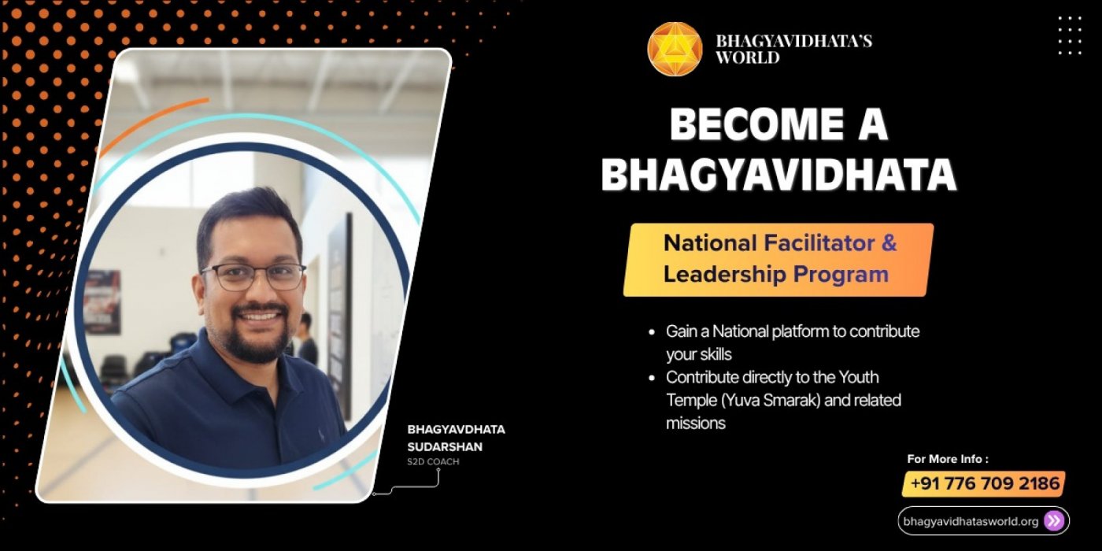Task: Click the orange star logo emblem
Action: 675,49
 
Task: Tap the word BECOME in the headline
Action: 741,125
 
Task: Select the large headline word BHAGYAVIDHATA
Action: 778,176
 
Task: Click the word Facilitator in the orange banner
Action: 819,243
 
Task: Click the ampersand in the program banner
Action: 889,243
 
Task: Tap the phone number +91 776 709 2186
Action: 984,483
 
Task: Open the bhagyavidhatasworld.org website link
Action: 971,521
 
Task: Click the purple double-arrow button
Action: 1054,521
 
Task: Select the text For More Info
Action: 947,459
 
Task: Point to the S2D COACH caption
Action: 433,462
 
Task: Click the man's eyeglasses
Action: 253,276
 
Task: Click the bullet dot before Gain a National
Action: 651,332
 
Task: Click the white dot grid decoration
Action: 1069,35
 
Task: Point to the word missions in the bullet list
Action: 695,423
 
